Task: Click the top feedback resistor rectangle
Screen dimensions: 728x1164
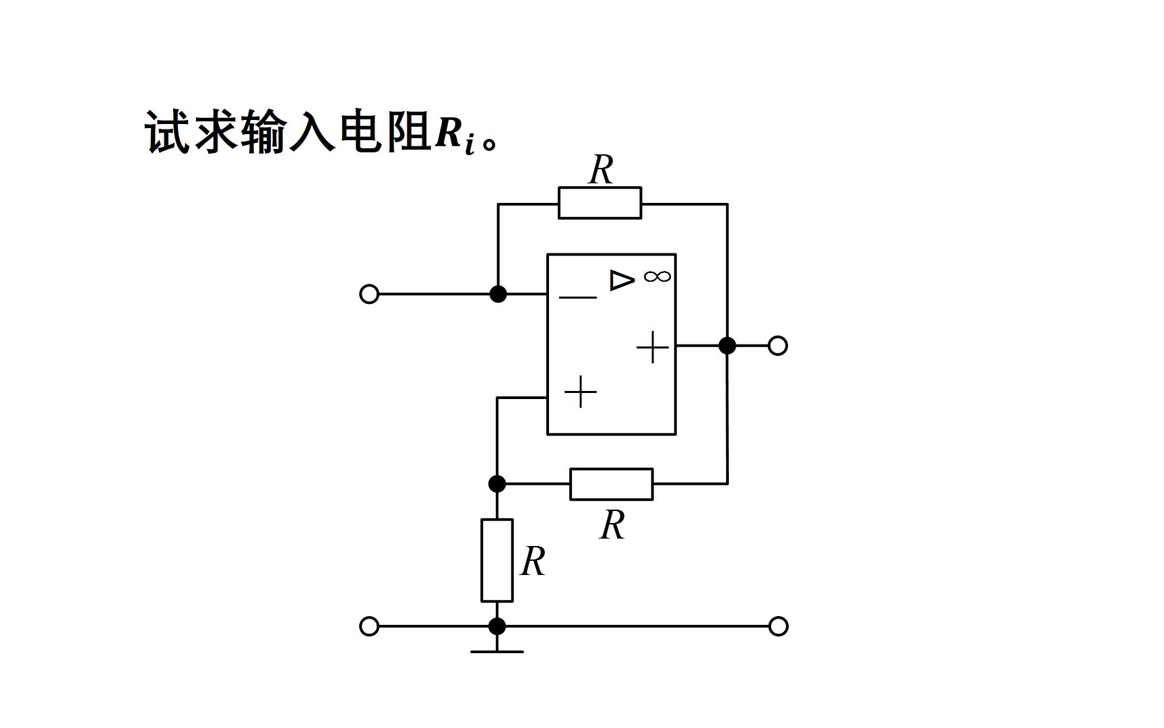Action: [x=600, y=203]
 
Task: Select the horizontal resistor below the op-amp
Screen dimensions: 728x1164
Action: [x=611, y=484]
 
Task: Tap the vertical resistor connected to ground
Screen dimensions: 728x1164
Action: [x=496, y=560]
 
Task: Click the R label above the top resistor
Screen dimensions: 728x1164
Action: [x=601, y=170]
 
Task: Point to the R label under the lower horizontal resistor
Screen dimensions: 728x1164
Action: [x=612, y=525]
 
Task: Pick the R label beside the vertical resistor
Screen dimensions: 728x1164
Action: [x=533, y=561]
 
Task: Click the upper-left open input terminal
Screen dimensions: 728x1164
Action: [x=369, y=295]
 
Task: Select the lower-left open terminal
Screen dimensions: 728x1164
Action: [x=369, y=626]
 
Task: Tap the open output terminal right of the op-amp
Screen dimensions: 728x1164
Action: [x=778, y=346]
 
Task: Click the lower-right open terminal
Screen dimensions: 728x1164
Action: [x=778, y=626]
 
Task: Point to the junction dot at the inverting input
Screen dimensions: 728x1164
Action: [x=498, y=295]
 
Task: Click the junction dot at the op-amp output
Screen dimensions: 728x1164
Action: [x=727, y=346]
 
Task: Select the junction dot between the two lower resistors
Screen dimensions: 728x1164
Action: [x=496, y=484]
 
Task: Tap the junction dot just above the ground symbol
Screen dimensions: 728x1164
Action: [x=496, y=626]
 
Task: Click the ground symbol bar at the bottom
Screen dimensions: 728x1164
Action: [x=496, y=651]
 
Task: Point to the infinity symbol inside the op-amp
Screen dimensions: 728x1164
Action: [x=657, y=276]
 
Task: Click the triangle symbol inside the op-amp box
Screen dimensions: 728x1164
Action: [x=622, y=280]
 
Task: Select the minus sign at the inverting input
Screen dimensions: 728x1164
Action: [x=578, y=297]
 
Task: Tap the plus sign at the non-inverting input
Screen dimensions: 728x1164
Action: [x=581, y=392]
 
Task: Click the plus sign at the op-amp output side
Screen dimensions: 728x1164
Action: [x=653, y=348]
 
